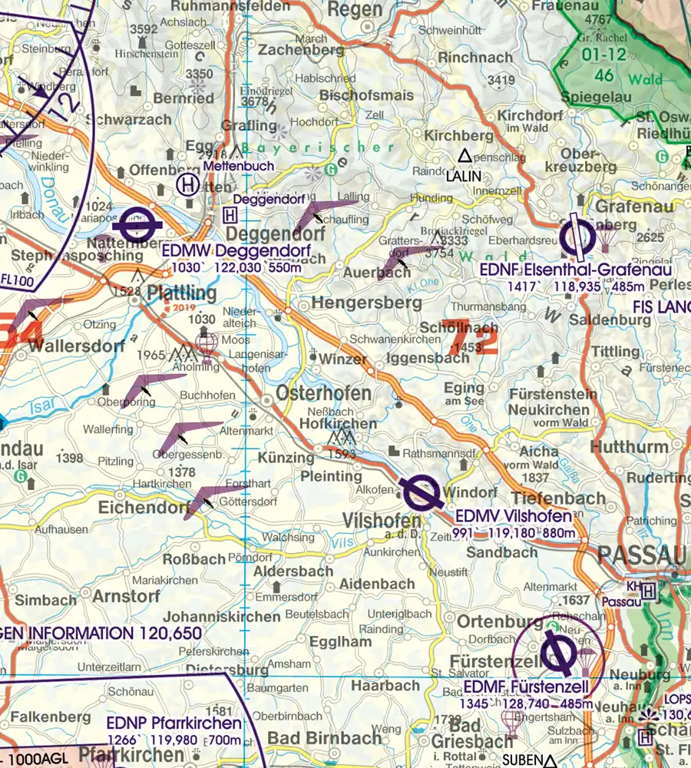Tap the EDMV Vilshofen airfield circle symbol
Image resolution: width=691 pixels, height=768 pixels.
420,492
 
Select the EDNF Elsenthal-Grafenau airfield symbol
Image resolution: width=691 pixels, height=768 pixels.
577,238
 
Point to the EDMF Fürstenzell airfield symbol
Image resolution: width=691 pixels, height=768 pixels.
554,654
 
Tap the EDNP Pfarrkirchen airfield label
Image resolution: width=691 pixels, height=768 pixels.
174,723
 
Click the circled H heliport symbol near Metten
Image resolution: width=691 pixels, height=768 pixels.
187,184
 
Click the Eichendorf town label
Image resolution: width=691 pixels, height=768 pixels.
144,508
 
